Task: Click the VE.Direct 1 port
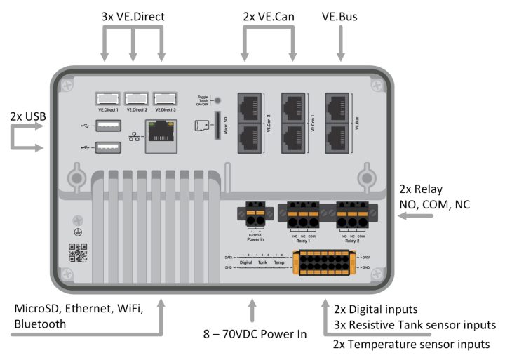pyautogui.click(x=107, y=99)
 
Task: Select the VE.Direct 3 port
pyautogui.click(x=164, y=99)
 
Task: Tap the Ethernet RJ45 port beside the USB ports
pyautogui.click(x=161, y=135)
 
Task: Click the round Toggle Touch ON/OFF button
pyautogui.click(x=218, y=102)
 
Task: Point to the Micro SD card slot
pyautogui.click(x=215, y=126)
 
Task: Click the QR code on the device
pyautogui.click(x=77, y=253)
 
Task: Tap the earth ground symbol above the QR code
pyautogui.click(x=77, y=231)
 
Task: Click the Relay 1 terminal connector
pyautogui.click(x=304, y=214)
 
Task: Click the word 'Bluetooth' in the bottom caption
pyautogui.click(x=40, y=324)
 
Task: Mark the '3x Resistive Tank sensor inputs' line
pyautogui.click(x=415, y=326)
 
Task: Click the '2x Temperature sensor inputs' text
pyautogui.click(x=411, y=344)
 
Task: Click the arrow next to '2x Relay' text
pyautogui.click(x=414, y=218)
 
